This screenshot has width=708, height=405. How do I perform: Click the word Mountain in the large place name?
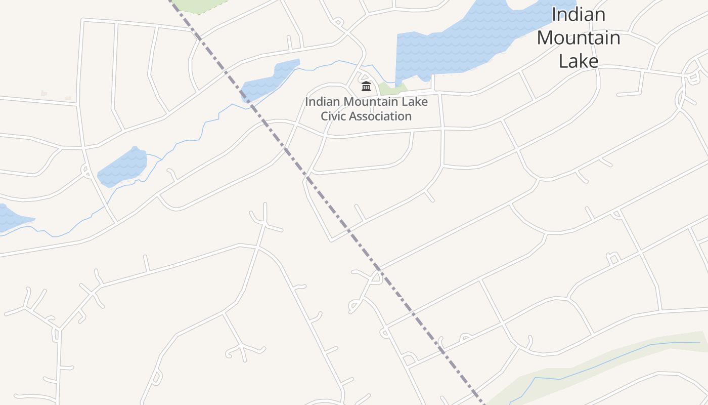click(x=578, y=38)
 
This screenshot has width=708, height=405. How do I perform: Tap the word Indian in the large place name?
click(x=578, y=14)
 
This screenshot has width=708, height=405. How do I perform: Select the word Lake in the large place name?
click(x=578, y=61)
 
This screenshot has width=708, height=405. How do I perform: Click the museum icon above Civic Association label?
click(x=366, y=86)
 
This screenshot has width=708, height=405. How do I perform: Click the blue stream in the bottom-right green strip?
click(x=607, y=359)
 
